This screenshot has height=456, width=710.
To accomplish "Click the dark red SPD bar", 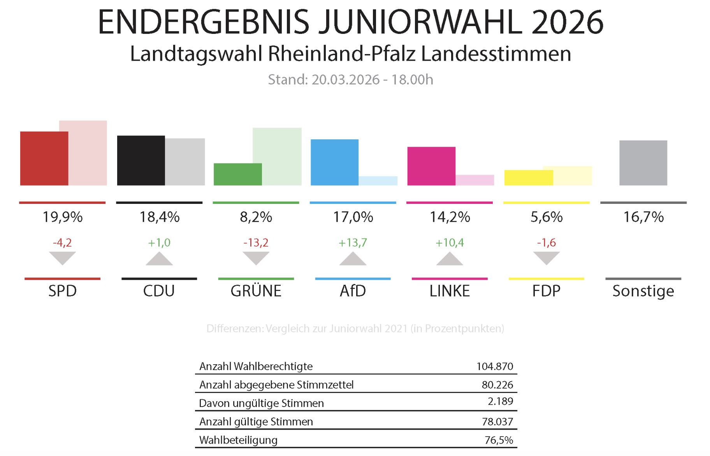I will click(44, 158).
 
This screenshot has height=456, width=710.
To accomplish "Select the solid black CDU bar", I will click(141, 160).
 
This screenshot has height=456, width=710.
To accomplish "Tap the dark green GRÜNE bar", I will click(237, 174).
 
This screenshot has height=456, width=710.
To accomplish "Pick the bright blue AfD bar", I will click(334, 162).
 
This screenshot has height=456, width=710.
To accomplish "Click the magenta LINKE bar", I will click(431, 166).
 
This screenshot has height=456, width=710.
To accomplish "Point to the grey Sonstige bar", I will click(643, 163).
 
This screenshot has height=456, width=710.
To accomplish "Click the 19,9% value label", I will click(62, 217).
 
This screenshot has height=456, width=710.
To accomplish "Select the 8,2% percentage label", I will click(256, 217).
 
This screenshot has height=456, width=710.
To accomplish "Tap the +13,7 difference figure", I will click(353, 243).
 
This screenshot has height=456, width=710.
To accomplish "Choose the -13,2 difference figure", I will click(256, 243).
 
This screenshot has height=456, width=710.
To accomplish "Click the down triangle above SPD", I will click(62, 258).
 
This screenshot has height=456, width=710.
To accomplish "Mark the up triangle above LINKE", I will click(450, 259).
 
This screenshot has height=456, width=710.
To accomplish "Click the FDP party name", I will click(546, 291).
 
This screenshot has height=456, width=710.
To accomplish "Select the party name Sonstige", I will click(643, 291).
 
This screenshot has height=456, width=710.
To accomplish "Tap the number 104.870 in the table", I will click(495, 367).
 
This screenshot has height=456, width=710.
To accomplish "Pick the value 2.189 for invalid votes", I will click(500, 402).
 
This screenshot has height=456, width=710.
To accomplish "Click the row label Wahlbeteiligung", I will click(238, 440).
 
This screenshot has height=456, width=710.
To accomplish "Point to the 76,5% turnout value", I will click(499, 440).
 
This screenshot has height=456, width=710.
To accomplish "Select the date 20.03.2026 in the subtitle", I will click(345, 80).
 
